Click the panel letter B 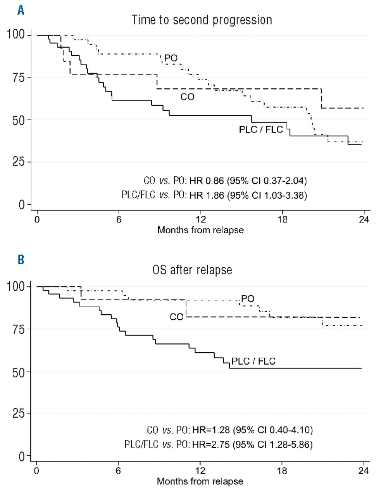coord(21,259)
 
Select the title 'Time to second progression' coord(202,20)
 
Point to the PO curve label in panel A coord(171,59)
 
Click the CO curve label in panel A coord(187,97)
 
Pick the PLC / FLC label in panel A coord(261,129)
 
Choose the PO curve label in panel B coord(248,298)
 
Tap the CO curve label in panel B coord(176,317)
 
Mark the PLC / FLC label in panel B coord(253,361)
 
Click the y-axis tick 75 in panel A coord(17,77)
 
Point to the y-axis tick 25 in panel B coord(17,413)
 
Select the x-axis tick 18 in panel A coord(283,219)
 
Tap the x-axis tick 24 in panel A coord(364,219)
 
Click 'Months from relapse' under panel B coord(200,482)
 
